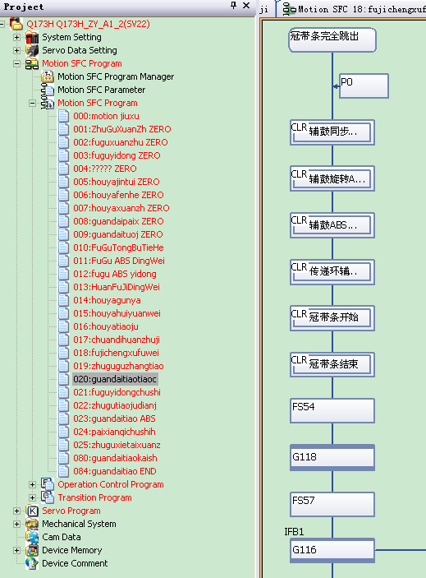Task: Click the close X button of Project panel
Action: (246, 6)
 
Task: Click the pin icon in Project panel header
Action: (233, 6)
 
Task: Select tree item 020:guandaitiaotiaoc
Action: (115, 379)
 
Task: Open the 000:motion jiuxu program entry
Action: (106, 116)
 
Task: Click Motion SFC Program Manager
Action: (116, 76)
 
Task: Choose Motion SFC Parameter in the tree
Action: (101, 90)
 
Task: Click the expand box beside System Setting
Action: (16, 37)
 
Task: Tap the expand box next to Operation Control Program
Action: (32, 484)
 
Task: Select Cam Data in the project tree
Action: (61, 537)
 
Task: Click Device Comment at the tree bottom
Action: (75, 563)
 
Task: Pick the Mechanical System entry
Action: (79, 524)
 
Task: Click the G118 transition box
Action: (332, 457)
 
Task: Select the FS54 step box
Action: (332, 410)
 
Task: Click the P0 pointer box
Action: (364, 86)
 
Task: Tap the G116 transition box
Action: (332, 550)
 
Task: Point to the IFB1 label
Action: (294, 532)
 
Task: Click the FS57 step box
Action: (332, 504)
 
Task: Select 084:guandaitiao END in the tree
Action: (114, 471)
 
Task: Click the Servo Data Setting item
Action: (80, 50)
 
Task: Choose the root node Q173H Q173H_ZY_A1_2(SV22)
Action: (88, 25)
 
